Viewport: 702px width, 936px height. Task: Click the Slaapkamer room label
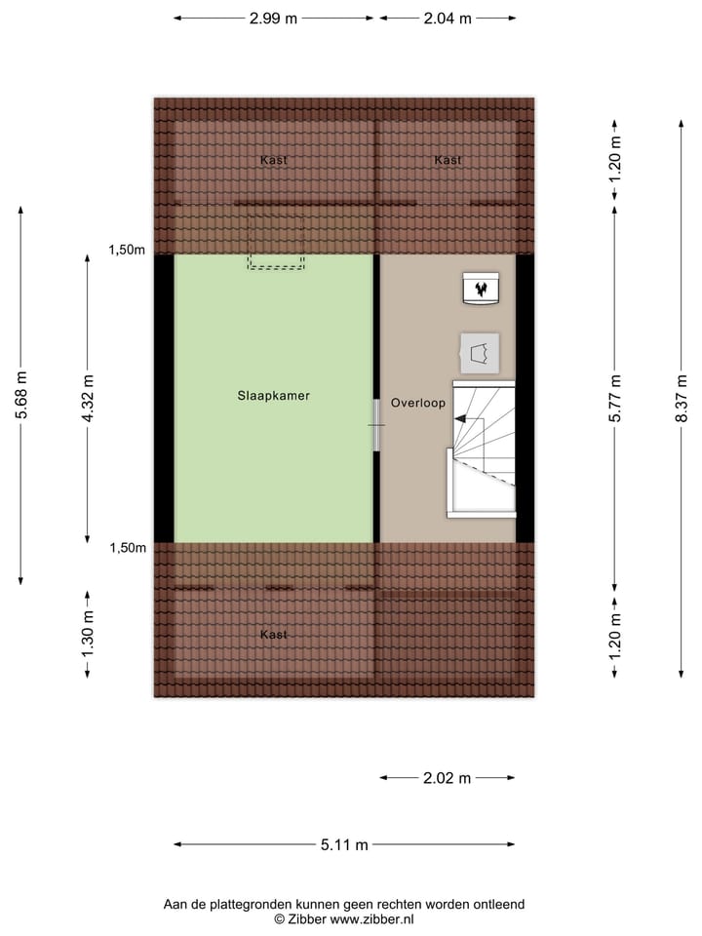click(273, 396)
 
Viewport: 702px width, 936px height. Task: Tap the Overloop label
click(418, 402)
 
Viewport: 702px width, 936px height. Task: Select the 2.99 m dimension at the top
click(273, 19)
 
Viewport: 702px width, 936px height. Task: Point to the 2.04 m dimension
click(448, 19)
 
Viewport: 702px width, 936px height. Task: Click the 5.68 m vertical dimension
click(21, 396)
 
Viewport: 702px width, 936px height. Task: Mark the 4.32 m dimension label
click(88, 398)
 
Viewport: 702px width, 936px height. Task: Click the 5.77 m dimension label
click(614, 398)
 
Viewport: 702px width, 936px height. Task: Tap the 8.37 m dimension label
click(682, 398)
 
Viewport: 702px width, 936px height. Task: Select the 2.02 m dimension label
click(447, 778)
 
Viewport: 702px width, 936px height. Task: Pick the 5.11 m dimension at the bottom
click(344, 845)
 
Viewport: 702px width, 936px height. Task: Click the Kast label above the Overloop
click(448, 160)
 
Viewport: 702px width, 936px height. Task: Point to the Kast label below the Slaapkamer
click(274, 635)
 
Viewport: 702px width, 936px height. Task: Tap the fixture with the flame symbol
click(481, 289)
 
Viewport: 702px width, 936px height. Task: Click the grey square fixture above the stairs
click(479, 352)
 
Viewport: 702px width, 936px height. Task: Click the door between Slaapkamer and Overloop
click(377, 425)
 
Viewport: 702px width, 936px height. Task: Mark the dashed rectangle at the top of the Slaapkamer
click(276, 262)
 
